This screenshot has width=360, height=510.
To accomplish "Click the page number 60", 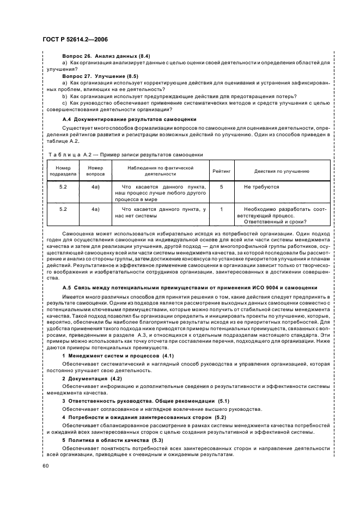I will point(44,466).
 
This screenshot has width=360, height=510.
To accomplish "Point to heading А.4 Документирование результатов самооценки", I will point(129,118).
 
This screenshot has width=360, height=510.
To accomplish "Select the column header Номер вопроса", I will point(95,171).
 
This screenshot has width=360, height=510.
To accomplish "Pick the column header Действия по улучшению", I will point(282,171).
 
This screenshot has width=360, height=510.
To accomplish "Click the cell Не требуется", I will point(261,187).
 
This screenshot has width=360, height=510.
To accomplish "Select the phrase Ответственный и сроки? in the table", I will point(275,221).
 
